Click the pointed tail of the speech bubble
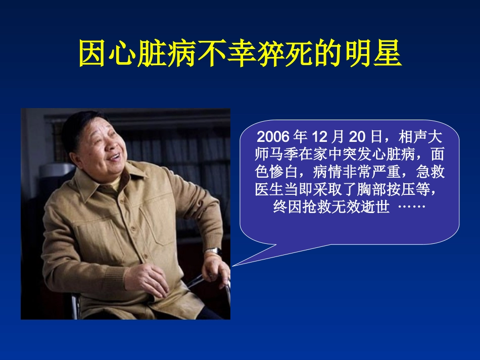[x=235, y=264]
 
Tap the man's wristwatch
[x=213, y=251]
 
